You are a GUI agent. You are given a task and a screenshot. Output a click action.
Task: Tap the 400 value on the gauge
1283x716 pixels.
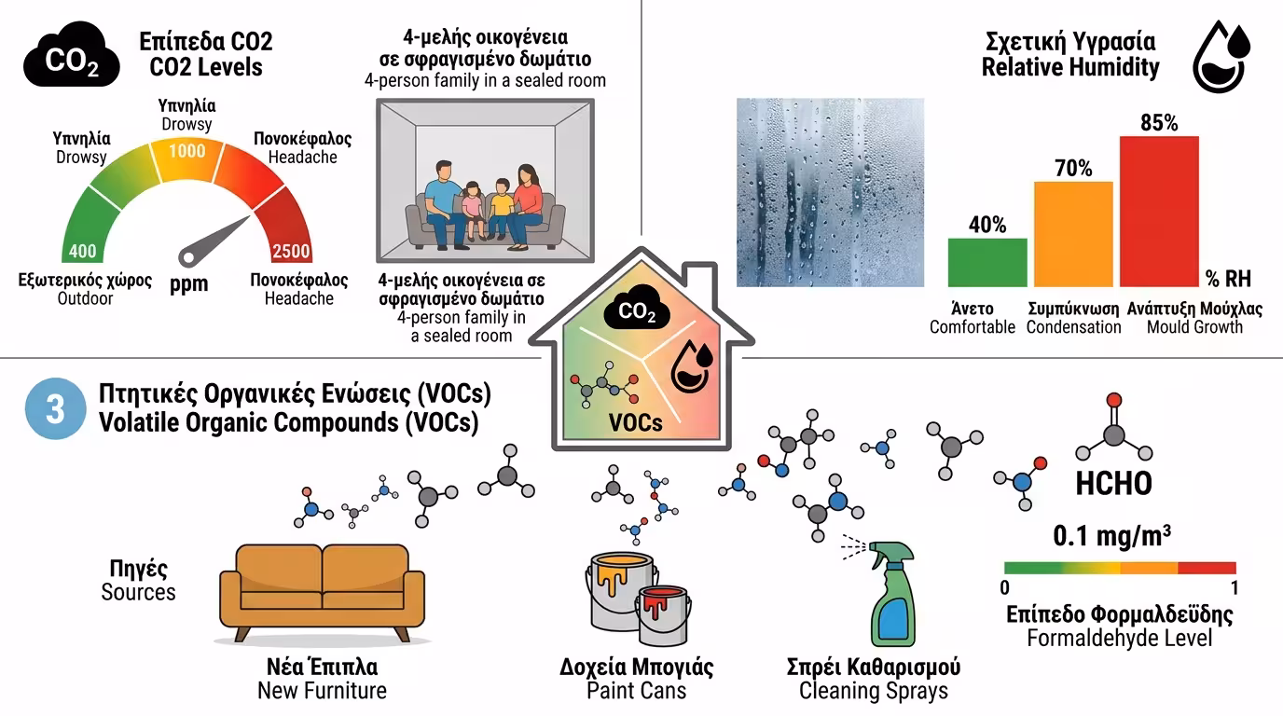(82, 251)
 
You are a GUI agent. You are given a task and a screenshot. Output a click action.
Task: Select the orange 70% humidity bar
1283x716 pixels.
(1073, 234)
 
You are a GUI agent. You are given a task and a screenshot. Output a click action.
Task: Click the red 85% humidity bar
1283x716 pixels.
(1159, 212)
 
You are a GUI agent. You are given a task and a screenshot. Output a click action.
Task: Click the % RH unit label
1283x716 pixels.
(1227, 278)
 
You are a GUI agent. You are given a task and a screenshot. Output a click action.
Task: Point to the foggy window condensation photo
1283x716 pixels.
(830, 192)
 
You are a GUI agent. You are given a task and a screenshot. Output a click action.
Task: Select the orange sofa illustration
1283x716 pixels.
(322, 591)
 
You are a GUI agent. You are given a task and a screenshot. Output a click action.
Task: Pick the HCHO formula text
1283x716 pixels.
(1112, 484)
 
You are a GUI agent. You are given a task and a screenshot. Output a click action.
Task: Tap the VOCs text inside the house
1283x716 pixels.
(635, 422)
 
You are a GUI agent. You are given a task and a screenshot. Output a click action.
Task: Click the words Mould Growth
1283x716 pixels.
(1194, 327)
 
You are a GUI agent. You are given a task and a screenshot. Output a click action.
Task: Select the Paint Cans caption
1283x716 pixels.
(636, 691)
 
